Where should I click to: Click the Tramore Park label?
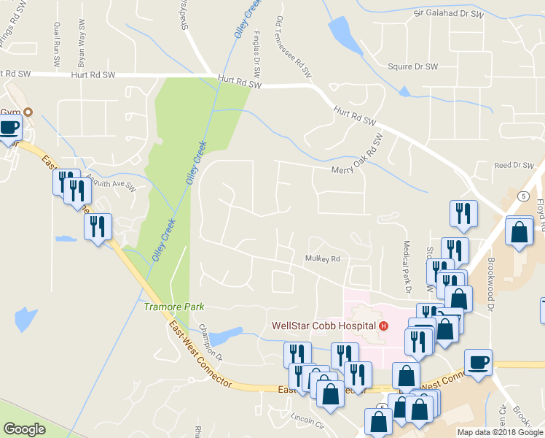pos(174,307)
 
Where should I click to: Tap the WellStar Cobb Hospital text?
pos(324,326)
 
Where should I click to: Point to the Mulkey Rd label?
pos(323,258)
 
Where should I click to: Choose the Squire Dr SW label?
pos(412,66)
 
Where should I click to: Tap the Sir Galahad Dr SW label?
pos(448,13)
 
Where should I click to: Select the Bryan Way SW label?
pos(82,45)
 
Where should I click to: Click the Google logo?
pos(24,429)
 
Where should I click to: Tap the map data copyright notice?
pos(500,432)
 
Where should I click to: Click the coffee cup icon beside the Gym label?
pos(9,127)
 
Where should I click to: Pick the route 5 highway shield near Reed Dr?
pos(523,196)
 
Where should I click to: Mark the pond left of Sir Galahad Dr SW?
pos(340,33)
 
